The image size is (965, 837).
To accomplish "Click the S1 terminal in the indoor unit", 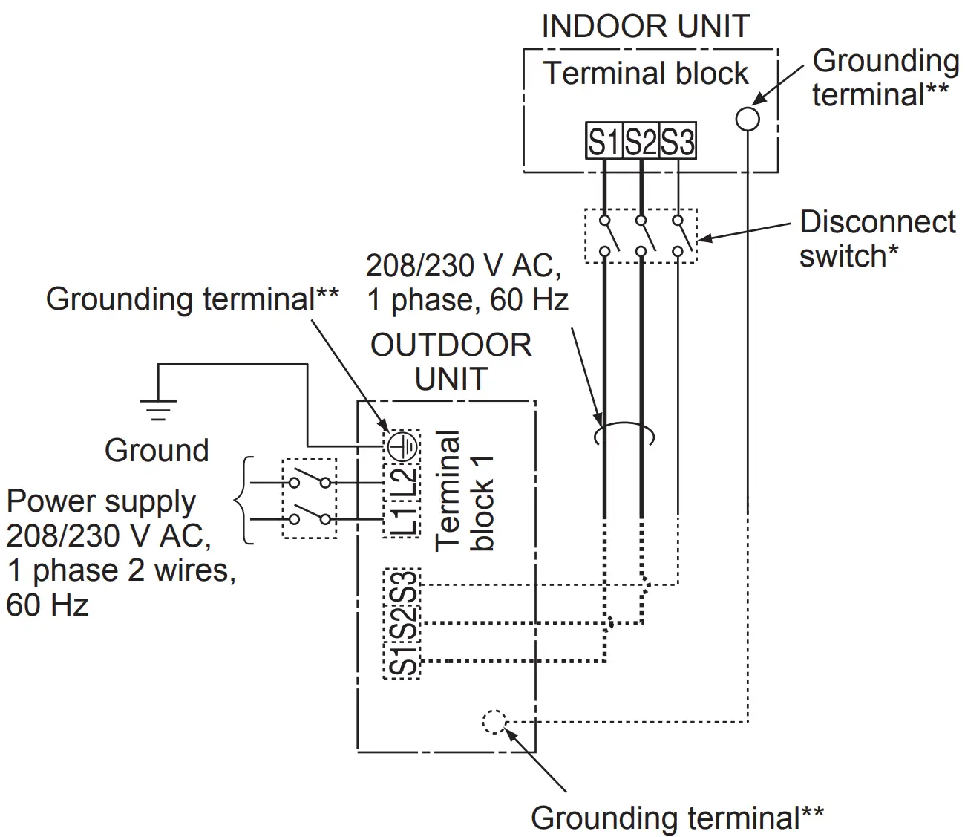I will pyautogui.click(x=603, y=141).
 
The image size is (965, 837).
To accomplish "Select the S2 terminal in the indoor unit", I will pyautogui.click(x=641, y=141).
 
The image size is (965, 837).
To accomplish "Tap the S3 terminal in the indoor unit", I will pyautogui.click(x=677, y=141).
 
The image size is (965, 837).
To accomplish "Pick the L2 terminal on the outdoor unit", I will pyautogui.click(x=403, y=481).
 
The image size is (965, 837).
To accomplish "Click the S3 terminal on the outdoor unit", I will pyautogui.click(x=403, y=587).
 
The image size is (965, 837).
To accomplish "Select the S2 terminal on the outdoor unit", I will pyautogui.click(x=403, y=624).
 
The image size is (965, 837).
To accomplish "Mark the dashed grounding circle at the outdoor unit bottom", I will pyautogui.click(x=494, y=721).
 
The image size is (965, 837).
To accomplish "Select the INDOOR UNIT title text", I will pyautogui.click(x=645, y=27).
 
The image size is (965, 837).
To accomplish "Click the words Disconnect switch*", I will pyautogui.click(x=876, y=238).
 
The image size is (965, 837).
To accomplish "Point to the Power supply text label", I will pyautogui.click(x=101, y=502).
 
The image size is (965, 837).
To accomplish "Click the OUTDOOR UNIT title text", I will pyautogui.click(x=451, y=362).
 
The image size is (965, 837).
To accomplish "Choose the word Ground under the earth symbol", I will pyautogui.click(x=157, y=451).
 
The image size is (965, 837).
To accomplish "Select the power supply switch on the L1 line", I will pyautogui.click(x=310, y=518).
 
